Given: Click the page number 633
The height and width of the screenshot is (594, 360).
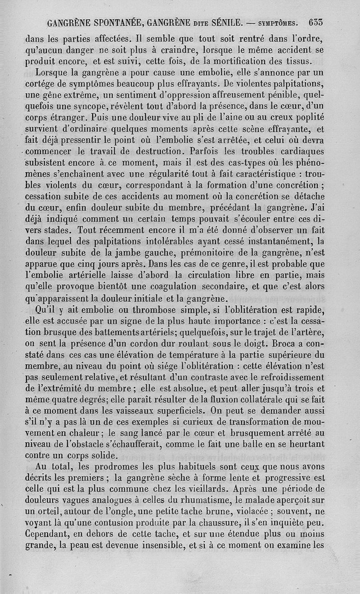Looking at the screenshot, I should tap(317, 22).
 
